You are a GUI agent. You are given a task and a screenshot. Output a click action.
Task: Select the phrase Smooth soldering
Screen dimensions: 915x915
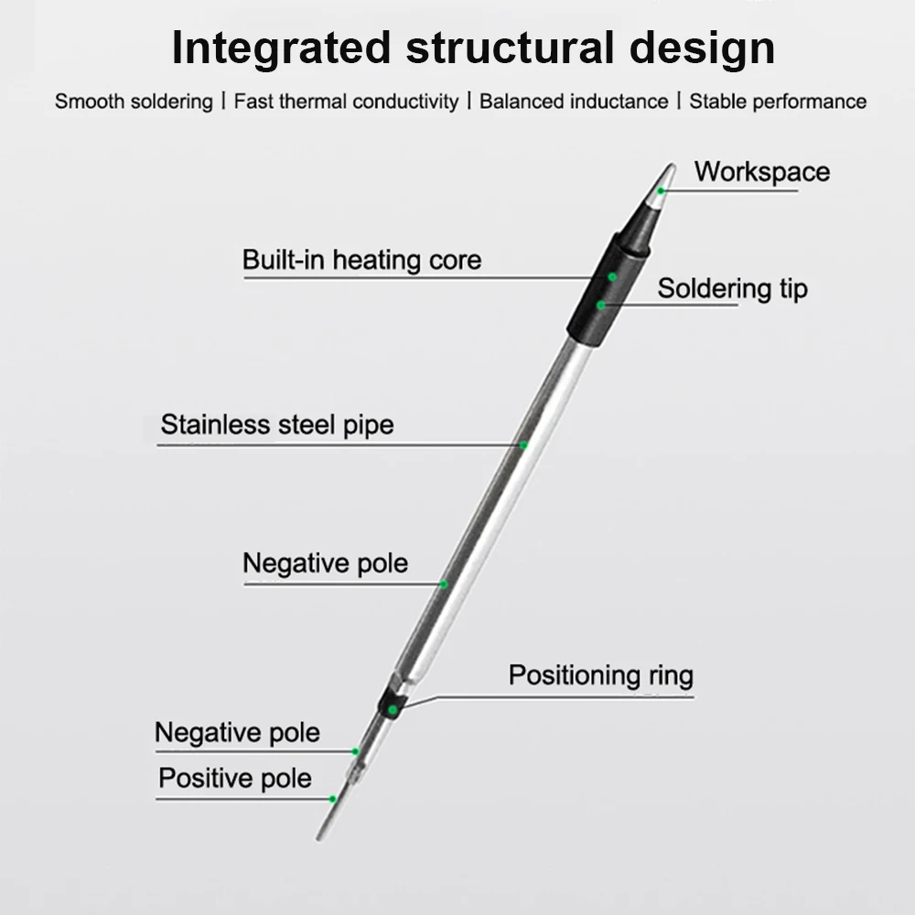[134, 102]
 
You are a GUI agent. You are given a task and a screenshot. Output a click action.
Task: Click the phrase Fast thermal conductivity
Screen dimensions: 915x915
[346, 102]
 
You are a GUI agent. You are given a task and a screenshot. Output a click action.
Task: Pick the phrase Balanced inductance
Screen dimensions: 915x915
[574, 102]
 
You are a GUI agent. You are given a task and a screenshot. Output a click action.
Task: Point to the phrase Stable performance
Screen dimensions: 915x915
[778, 102]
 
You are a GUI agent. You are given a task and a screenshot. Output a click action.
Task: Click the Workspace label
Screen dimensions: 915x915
[761, 172]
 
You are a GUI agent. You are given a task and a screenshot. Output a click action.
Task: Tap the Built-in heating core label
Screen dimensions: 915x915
[361, 260]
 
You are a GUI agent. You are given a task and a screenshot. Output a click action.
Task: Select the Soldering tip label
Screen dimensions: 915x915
[732, 288]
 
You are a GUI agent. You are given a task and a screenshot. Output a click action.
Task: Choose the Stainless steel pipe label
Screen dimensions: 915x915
[277, 425]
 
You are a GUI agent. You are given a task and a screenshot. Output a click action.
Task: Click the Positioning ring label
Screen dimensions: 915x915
[601, 676]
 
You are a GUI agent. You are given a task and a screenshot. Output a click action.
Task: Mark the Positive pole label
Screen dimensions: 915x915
[235, 779]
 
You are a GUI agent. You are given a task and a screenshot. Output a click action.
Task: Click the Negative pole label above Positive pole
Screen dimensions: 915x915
[237, 733]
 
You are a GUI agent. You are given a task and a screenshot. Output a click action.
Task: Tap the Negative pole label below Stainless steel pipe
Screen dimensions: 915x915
[325, 563]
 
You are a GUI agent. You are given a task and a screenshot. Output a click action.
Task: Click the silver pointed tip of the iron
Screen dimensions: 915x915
[662, 183]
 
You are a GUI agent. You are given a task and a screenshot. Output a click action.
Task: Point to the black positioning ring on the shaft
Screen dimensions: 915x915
[392, 705]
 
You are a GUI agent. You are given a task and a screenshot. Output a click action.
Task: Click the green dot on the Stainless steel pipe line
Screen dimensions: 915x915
[523, 446]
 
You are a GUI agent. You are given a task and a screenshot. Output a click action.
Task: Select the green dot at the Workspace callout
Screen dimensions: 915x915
[661, 189]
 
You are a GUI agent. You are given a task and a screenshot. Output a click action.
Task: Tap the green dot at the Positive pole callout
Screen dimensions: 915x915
[333, 799]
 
